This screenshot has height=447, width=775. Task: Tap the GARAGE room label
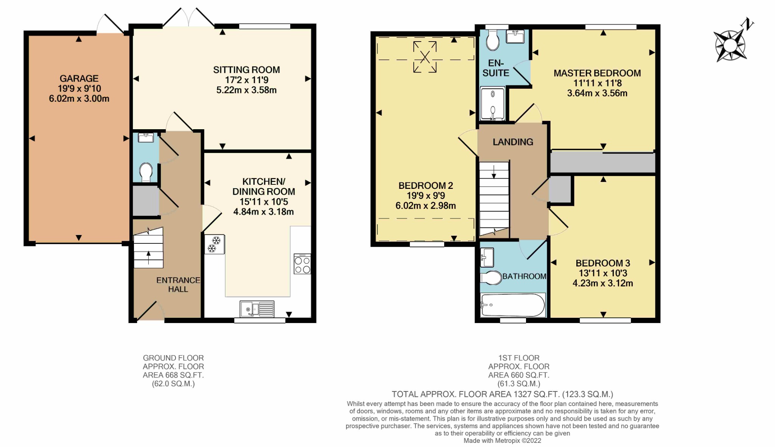(x=79, y=79)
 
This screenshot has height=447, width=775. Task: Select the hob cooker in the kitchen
(x=302, y=264)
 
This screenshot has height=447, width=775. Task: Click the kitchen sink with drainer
(x=257, y=309)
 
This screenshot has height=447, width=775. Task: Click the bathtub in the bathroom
(x=513, y=305)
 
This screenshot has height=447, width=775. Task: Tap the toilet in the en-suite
(x=493, y=40)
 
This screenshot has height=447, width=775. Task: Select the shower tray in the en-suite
(x=492, y=104)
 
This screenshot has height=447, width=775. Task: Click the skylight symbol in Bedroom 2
(x=425, y=57)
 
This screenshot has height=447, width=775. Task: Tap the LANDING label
(x=513, y=142)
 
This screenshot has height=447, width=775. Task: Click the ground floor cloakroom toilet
(x=146, y=172)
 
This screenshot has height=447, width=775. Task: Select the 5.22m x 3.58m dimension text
(x=246, y=90)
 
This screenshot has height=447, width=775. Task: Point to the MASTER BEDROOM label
(x=597, y=73)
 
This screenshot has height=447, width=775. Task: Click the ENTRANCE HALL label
(x=178, y=285)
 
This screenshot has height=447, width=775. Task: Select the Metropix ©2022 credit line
(x=502, y=441)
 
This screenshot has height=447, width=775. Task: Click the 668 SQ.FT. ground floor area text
(x=173, y=375)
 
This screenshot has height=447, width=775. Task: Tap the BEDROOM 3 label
(x=602, y=263)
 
